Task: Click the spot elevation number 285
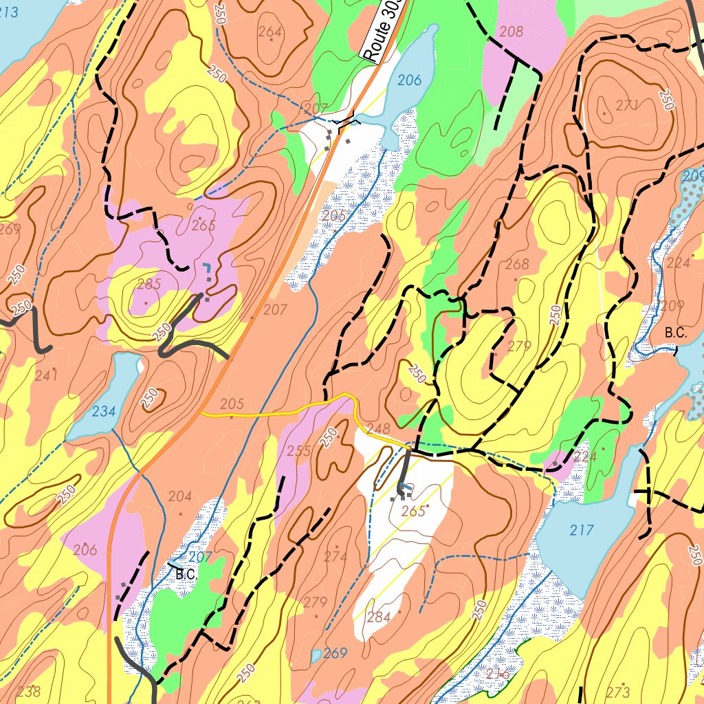pyautogui.click(x=148, y=284)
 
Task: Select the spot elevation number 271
pyautogui.click(x=628, y=105)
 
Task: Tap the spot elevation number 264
pyautogui.click(x=270, y=32)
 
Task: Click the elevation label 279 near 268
pyautogui.click(x=519, y=346)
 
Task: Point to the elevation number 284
pyautogui.click(x=379, y=617)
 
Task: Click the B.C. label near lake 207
pyautogui.click(x=186, y=573)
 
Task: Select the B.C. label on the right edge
pyautogui.click(x=676, y=332)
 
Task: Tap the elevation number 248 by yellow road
pyautogui.click(x=378, y=429)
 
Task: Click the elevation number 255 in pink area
pyautogui.click(x=299, y=451)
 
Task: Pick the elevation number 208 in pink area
pyautogui.click(x=511, y=31)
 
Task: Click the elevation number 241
pyautogui.click(x=46, y=375)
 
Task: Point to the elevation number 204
pyautogui.click(x=180, y=496)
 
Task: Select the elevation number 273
pyautogui.click(x=618, y=691)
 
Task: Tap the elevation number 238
pyautogui.click(x=29, y=691)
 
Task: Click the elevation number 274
pyautogui.click(x=335, y=556)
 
